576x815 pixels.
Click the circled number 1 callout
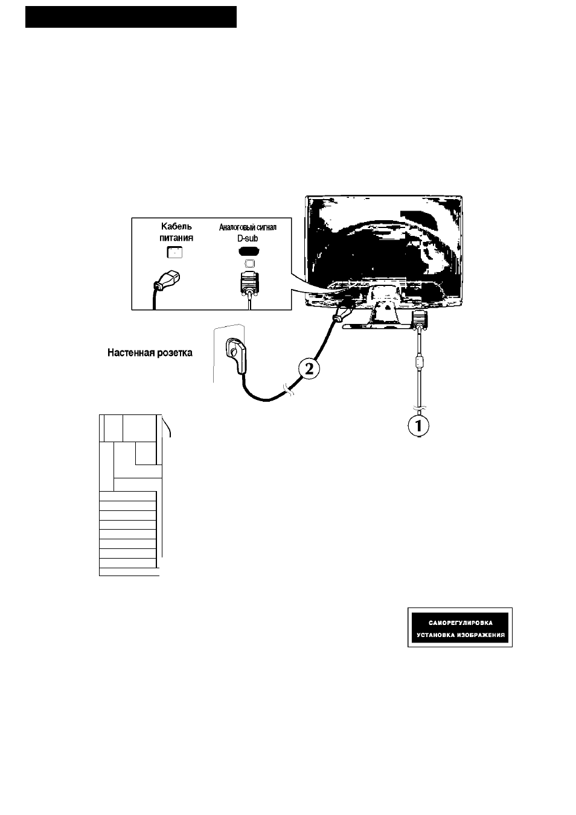[x=418, y=425]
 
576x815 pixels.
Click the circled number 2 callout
[x=309, y=370]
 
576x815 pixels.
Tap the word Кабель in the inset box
[x=176, y=226]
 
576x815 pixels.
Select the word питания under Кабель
[x=176, y=238]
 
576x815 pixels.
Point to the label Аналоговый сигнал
[x=248, y=227]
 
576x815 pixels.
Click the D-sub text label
[x=248, y=238]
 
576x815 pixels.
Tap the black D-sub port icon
[x=249, y=251]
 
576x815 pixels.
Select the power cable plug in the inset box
[x=167, y=281]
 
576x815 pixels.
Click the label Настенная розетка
[x=150, y=353]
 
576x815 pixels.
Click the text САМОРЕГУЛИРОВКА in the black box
[x=461, y=623]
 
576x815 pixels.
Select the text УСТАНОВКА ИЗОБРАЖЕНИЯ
[x=461, y=635]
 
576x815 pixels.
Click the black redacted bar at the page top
[x=131, y=17]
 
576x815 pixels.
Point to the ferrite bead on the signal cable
[x=419, y=363]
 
